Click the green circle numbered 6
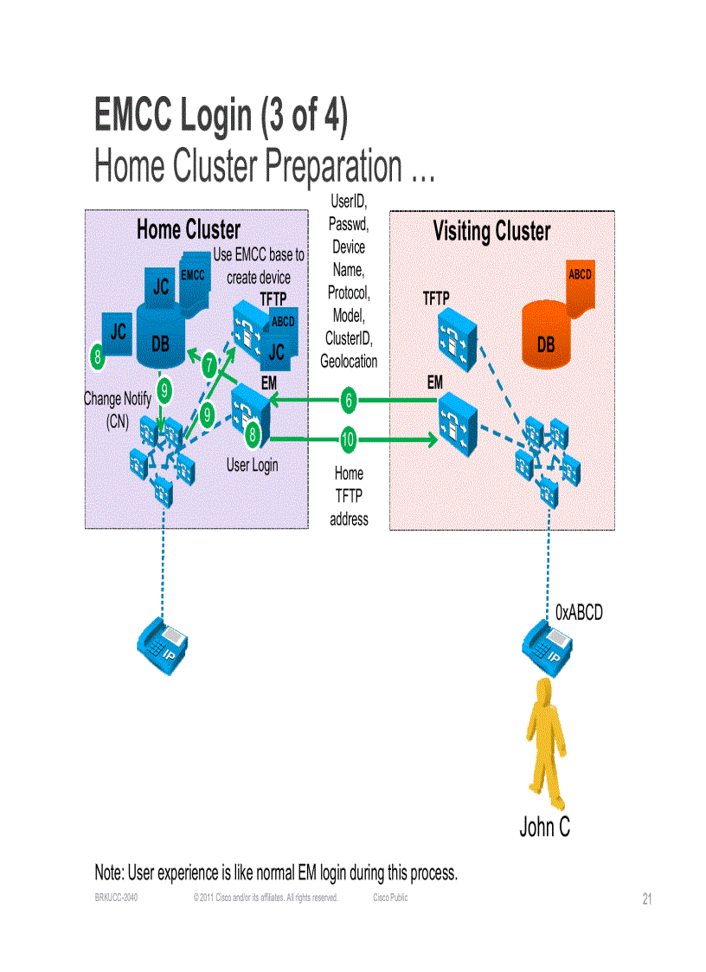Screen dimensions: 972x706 pyautogui.click(x=348, y=400)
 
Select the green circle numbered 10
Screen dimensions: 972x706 pyautogui.click(x=348, y=440)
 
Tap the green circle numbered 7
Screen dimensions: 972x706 pyautogui.click(x=209, y=366)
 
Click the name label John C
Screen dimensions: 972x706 pyautogui.click(x=544, y=827)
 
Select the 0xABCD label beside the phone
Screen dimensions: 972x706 pyautogui.click(x=579, y=613)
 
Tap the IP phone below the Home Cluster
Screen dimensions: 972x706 pyautogui.click(x=163, y=645)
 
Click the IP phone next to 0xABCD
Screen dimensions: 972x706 pyautogui.click(x=546, y=645)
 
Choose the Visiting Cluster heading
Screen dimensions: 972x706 pyautogui.click(x=491, y=232)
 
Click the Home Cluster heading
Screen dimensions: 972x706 pyautogui.click(x=188, y=229)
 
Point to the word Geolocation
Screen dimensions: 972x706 pyautogui.click(x=349, y=362)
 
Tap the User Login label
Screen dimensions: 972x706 pyautogui.click(x=253, y=465)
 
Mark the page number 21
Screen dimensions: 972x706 pyautogui.click(x=647, y=899)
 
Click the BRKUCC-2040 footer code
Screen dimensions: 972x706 pyautogui.click(x=116, y=898)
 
